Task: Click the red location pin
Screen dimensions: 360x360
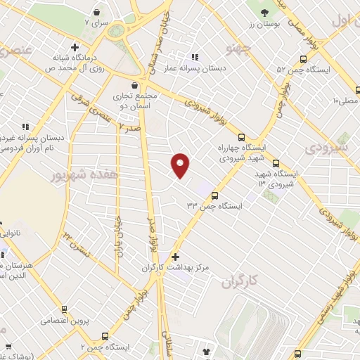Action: [181, 165]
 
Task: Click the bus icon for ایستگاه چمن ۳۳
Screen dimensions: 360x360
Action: [214, 196]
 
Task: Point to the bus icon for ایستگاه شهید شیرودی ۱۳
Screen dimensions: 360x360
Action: [276, 162]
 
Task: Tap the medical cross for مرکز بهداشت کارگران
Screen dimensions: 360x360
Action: [175, 257]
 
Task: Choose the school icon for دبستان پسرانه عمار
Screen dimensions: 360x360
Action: [195, 57]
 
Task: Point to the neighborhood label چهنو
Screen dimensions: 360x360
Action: [238, 48]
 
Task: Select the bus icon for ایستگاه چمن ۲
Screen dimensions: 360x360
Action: [105, 337]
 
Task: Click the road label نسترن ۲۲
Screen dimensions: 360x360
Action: [77, 242]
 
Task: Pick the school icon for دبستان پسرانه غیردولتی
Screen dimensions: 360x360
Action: [25, 127]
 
